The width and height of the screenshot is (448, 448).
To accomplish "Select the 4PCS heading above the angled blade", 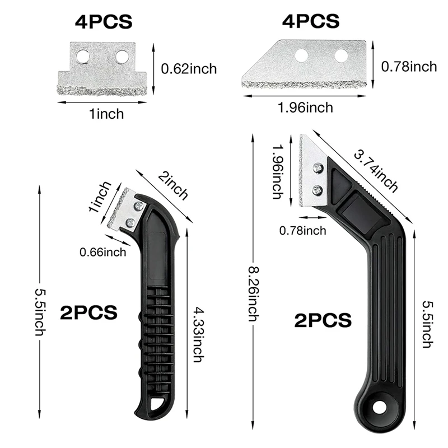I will [311, 21].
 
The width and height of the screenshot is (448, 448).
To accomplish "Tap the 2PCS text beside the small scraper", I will [90, 312].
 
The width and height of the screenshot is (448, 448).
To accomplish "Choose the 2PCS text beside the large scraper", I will [324, 320].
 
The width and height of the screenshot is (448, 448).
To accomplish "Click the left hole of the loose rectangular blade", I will [83, 57].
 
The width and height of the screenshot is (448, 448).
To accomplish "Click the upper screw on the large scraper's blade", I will [318, 167].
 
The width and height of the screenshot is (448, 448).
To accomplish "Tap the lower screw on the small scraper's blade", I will [130, 223].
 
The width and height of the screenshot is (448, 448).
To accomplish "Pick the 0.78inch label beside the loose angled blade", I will [409, 67].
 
